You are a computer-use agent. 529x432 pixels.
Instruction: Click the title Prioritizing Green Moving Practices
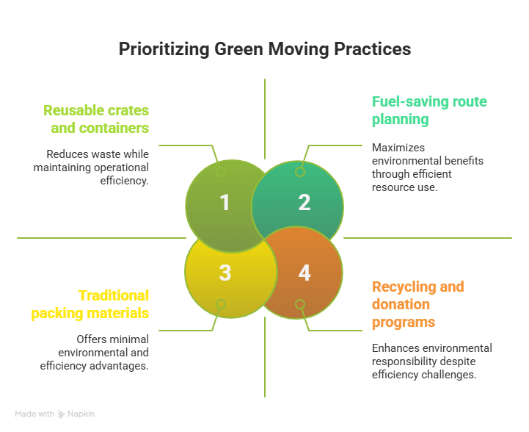pos(264,50)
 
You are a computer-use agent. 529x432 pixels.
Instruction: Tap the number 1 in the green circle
pos(225,203)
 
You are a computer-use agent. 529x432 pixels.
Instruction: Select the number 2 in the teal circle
pos(304,203)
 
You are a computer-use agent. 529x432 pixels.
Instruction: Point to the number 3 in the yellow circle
pos(225,273)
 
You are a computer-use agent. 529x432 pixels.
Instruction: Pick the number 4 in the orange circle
pos(304,273)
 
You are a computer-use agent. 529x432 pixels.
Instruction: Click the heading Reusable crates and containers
pos(96,119)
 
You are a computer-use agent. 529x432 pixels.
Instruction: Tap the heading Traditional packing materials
pos(90,304)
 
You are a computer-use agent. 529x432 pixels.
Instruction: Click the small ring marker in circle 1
pos(221,172)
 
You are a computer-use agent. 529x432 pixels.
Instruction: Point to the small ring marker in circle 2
pos(300,172)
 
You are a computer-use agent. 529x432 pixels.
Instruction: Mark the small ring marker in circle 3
pos(221,304)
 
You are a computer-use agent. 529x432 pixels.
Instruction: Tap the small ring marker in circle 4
pos(300,304)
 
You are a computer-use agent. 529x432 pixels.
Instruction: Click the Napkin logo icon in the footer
pos(62,414)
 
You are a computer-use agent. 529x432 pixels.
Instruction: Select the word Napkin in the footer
pos(81,414)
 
